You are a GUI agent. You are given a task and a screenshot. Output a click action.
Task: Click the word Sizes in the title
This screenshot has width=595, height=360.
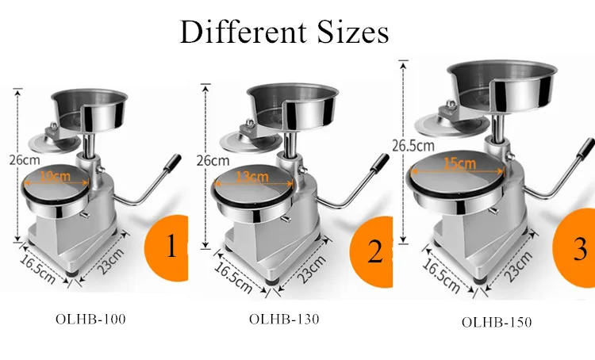[x=342, y=32]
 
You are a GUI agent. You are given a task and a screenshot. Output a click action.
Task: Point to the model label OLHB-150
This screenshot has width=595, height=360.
[x=497, y=322]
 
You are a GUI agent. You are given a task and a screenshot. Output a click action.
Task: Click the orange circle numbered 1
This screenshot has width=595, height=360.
[x=167, y=247]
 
